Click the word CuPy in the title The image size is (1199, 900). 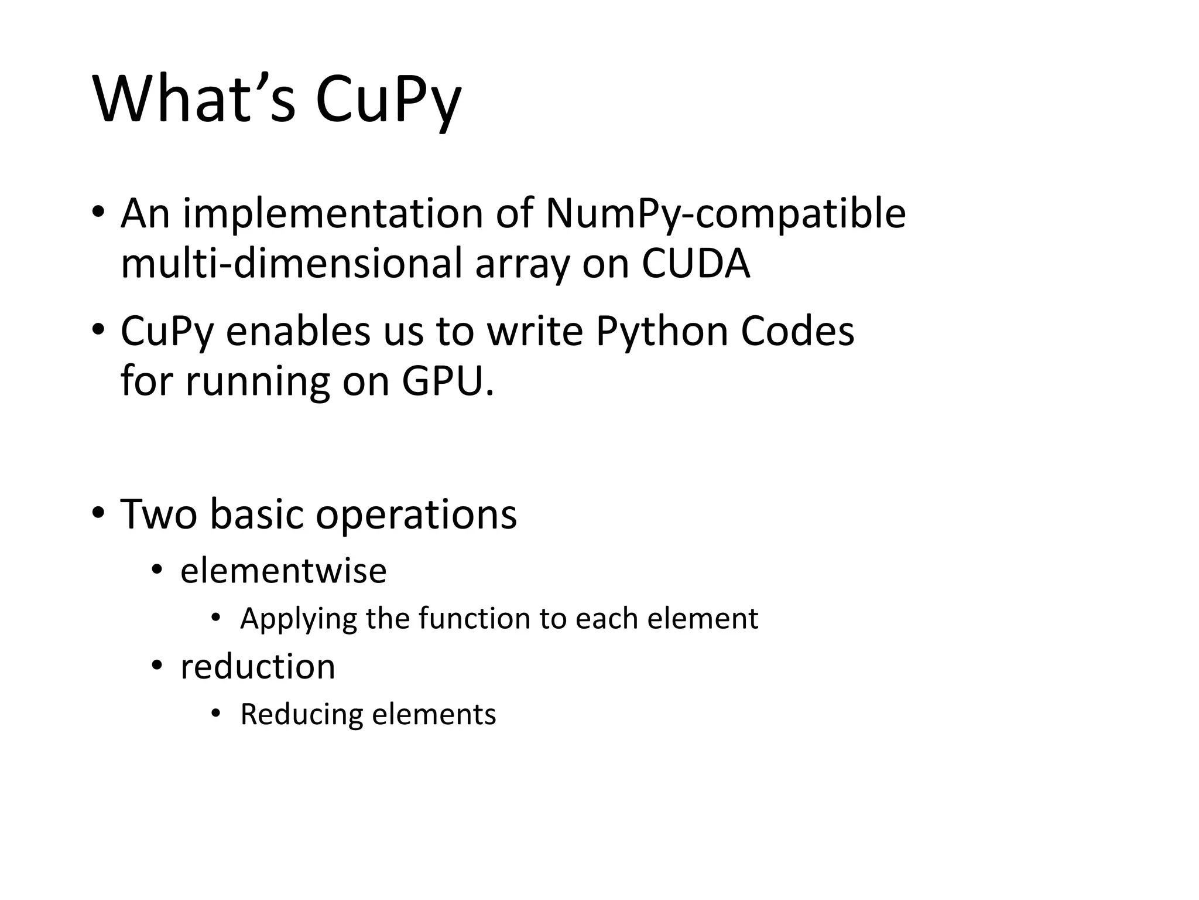(x=388, y=101)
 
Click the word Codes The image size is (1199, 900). (x=797, y=331)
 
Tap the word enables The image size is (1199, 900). (x=298, y=331)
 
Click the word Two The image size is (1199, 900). (x=159, y=514)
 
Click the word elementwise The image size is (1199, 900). (x=283, y=571)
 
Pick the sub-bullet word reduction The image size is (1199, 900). (x=258, y=667)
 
